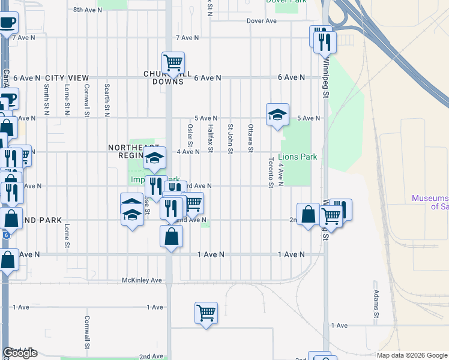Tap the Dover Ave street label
tap(261, 21)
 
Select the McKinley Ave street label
tap(142, 280)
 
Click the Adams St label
tap(375, 304)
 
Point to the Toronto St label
tap(271, 172)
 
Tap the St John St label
tap(230, 138)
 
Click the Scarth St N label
tap(107, 99)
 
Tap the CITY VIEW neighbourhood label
tap(67, 78)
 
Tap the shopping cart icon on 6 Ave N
tap(173, 62)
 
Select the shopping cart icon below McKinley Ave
tap(206, 313)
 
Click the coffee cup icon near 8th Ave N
tap(8, 23)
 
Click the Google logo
tap(20, 353)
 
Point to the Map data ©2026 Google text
tap(412, 355)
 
